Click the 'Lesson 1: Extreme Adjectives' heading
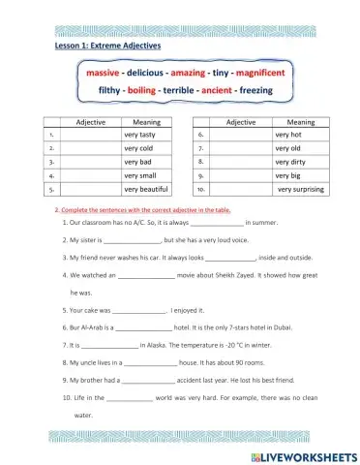tap(107, 46)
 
